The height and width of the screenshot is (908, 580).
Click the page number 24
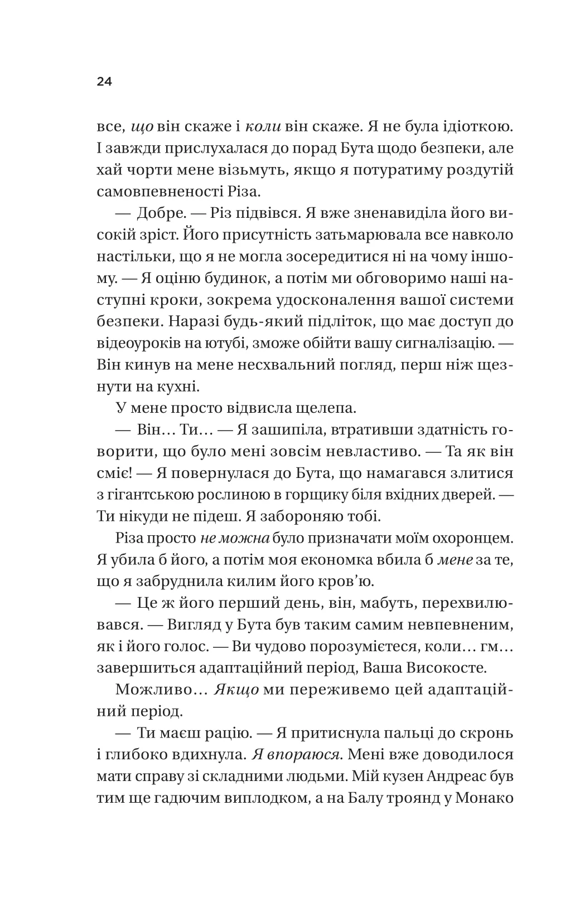coord(104,82)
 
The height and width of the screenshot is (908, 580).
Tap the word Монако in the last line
coord(485,797)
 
